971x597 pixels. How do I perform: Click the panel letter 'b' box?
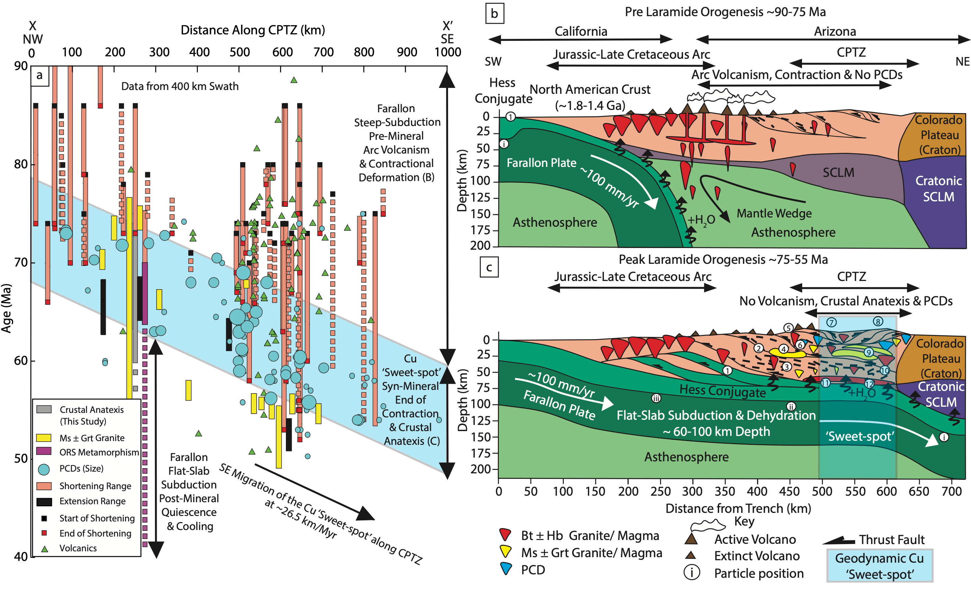pos(494,14)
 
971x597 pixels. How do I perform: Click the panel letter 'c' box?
pos(489,267)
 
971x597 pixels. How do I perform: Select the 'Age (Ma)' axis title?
pos(6,308)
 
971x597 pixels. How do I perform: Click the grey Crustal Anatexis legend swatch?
pos(44,409)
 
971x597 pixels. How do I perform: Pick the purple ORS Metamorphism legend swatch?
pos(44,451)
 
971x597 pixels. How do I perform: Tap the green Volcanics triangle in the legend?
pos(45,549)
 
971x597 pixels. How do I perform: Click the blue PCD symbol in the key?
pos(505,568)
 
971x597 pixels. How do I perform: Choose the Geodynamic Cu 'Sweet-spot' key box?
pos(879,565)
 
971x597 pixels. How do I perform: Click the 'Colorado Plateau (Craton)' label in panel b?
pos(939,135)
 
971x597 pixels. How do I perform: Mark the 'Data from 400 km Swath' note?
pos(180,86)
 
